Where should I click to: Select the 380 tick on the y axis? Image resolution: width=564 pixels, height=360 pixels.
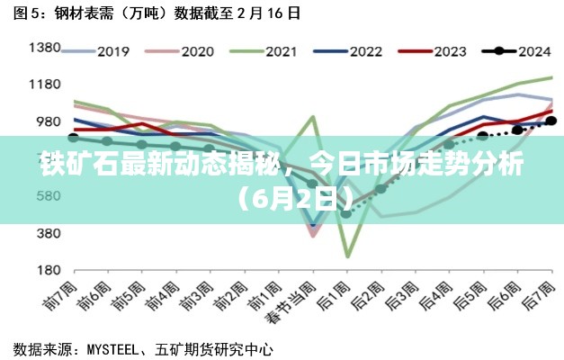[48, 232]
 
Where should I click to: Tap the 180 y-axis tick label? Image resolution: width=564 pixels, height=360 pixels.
[48, 269]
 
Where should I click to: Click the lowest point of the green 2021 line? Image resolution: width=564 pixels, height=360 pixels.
[347, 256]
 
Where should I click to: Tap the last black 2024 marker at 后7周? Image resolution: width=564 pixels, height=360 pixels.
[551, 120]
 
